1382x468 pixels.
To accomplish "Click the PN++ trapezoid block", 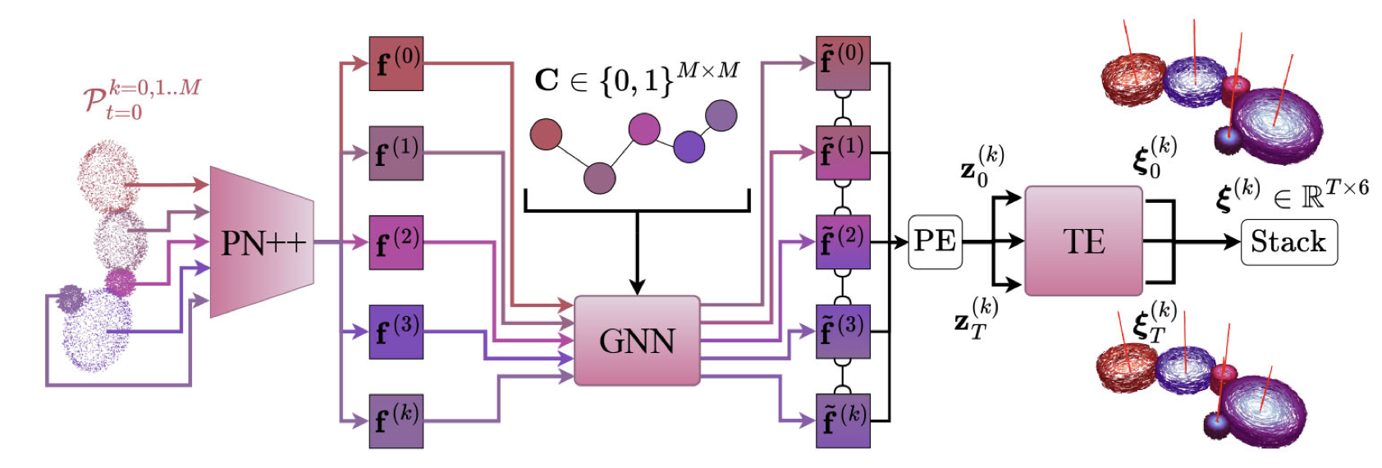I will point(262,242).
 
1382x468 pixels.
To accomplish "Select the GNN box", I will point(637,341).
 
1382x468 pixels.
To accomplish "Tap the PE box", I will point(935,241).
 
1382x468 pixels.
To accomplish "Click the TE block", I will point(1083,241).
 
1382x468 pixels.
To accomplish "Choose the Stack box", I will point(1288,242).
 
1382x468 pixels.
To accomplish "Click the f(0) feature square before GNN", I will point(396,63).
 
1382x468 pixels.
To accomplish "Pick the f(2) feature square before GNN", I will point(396,242).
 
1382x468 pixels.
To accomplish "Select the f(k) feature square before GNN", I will point(396,420).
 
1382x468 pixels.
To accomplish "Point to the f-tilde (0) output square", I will point(843,63).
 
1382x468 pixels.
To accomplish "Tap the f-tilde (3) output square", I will point(843,331).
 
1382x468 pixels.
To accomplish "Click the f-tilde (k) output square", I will point(843,420).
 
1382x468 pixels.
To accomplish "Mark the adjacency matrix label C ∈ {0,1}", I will point(636,79).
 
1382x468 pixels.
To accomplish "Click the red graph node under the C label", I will point(546,135).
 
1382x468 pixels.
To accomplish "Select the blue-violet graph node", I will point(689,147).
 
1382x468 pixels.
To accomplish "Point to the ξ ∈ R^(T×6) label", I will point(1292,194).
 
